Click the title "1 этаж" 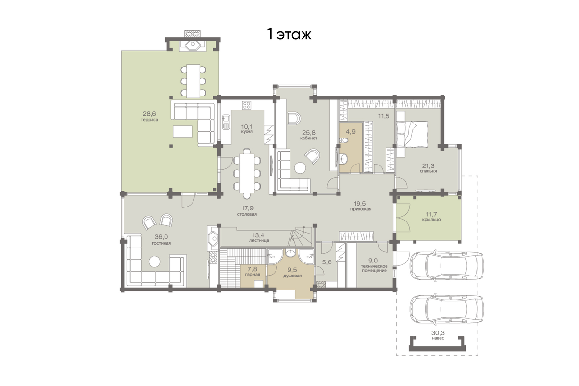pos(289,35)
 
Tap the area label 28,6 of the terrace pos(150,113)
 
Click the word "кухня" pos(247,132)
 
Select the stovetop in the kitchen pos(247,105)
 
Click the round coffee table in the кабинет pos(300,167)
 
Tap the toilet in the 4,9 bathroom pos(345,140)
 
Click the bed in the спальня pos(412,134)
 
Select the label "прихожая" pos(360,209)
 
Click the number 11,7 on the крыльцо pos(431,214)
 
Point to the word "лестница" pos(259,240)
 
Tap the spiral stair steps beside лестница pos(301,236)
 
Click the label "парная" pos(252,275)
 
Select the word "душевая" pos(292,276)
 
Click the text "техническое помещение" pos(374,268)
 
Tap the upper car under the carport pos(447,265)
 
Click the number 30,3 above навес pos(438,333)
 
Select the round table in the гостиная pos(154,262)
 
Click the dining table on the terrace pos(193,81)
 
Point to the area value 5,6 pos(327,262)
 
